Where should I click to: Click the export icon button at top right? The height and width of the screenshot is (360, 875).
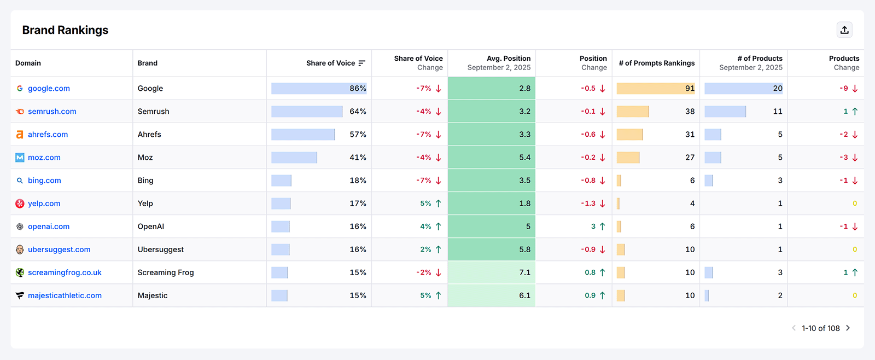click(844, 30)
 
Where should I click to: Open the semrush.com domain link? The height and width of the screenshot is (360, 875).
click(52, 111)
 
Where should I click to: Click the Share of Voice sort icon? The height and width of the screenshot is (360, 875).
click(361, 63)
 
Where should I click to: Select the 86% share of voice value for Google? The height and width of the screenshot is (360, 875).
click(358, 88)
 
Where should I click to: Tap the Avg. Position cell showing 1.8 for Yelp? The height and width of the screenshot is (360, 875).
click(524, 203)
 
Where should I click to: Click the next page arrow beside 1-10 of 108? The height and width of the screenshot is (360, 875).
click(848, 328)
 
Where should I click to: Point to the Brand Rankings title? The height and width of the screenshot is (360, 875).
click(65, 30)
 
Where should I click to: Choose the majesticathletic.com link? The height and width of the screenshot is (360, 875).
click(65, 295)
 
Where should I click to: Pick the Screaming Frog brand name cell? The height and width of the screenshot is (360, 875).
click(166, 272)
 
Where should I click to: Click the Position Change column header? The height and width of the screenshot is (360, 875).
click(593, 63)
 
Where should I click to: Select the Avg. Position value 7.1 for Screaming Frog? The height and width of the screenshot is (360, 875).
click(524, 272)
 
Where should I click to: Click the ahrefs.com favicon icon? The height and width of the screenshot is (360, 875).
click(20, 135)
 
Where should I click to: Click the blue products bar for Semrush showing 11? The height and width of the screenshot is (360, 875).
click(725, 111)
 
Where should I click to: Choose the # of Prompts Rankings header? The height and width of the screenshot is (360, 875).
click(656, 63)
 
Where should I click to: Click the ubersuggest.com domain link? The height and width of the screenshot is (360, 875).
click(59, 249)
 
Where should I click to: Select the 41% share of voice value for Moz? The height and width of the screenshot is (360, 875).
click(358, 157)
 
